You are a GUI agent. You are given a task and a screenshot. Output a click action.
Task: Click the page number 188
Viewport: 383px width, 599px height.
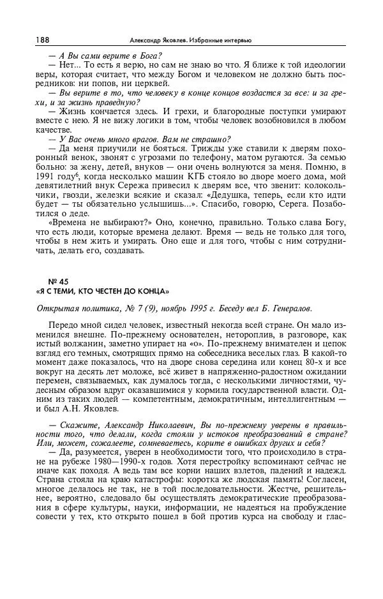click(43, 40)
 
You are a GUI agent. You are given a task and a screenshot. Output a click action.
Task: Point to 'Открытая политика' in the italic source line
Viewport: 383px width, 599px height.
click(78, 309)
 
